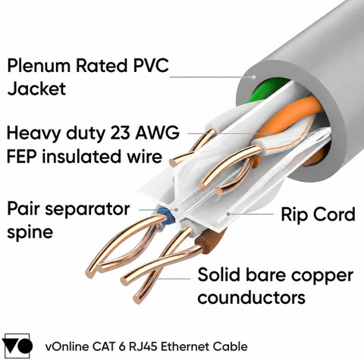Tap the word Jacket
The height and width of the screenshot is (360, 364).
[x=36, y=89]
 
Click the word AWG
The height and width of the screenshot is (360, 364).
[x=158, y=133]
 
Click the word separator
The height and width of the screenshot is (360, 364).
[x=87, y=209]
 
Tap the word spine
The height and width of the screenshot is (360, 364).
[x=30, y=233]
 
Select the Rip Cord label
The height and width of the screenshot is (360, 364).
[x=318, y=214]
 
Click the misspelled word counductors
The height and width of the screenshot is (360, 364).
[x=251, y=297]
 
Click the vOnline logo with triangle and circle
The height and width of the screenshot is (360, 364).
[x=17, y=346]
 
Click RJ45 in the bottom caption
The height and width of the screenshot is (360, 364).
[x=143, y=346]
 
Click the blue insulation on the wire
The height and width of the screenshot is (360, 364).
[x=166, y=216]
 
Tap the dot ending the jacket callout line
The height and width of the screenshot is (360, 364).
[x=254, y=77]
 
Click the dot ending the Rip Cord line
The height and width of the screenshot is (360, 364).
[x=228, y=214]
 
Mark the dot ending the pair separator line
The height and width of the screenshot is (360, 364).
[x=177, y=209]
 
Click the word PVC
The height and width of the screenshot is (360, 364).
[x=151, y=65]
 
